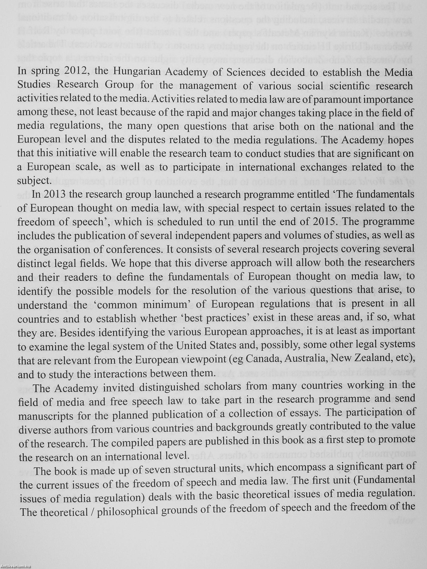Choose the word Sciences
(246, 72)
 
